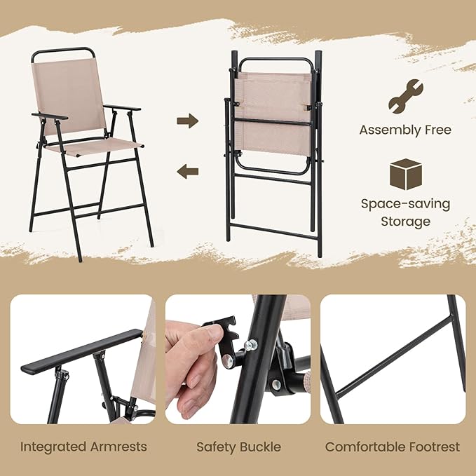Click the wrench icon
[406, 97]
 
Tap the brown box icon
[406, 175]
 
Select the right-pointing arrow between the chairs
[188, 121]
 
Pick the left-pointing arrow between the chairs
[188, 171]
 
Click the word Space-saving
[406, 204]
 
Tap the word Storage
[406, 222]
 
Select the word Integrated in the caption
[53, 447]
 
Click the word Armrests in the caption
[118, 447]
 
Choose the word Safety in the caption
[216, 447]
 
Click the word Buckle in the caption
[260, 447]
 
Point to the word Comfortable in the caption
[365, 447]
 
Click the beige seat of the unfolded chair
[95, 146]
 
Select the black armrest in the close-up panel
[82, 351]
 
